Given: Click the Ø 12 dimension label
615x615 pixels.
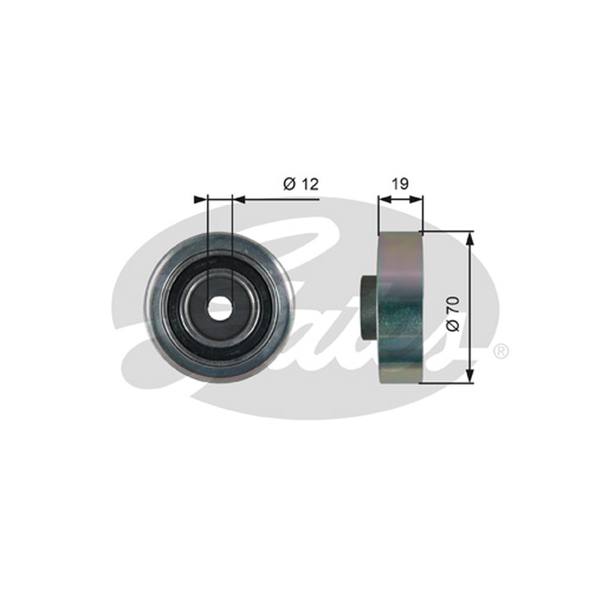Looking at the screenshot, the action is tap(301, 184).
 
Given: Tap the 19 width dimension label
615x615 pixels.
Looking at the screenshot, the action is tap(401, 184).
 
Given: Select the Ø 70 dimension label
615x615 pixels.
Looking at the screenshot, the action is tap(453, 314).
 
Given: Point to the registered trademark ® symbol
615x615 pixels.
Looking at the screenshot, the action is tap(501, 351).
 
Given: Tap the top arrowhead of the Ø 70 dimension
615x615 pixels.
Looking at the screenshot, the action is tap(470, 238).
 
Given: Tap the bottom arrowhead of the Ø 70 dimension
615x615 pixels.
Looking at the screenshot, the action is tap(470, 376).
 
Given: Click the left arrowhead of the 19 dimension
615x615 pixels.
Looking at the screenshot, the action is tap(385, 200).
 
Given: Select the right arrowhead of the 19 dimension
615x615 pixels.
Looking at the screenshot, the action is tap(417, 200).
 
